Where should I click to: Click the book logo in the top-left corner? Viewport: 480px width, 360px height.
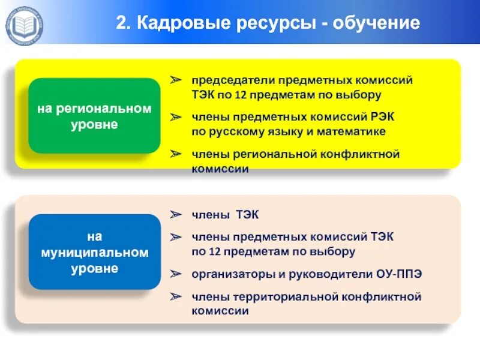(x=24, y=24)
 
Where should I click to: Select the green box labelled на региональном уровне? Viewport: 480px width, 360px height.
(x=94, y=116)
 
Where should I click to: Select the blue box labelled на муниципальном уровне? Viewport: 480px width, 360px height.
(x=94, y=252)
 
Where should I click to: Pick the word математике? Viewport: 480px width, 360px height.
(x=353, y=131)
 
